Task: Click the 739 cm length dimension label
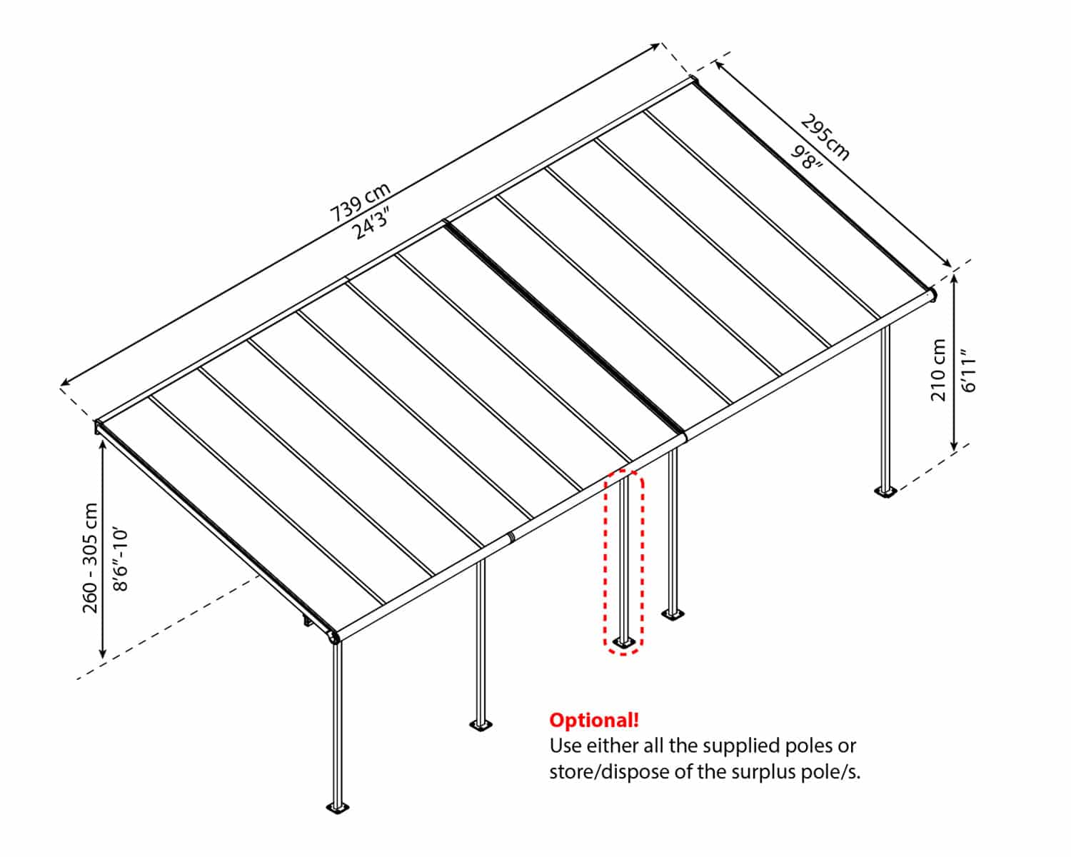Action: [x=361, y=203]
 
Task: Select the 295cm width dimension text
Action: [x=825, y=137]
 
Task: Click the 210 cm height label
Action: [x=938, y=370]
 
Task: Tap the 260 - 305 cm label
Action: [x=91, y=558]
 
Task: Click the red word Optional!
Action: [x=593, y=720]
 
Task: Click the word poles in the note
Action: [x=810, y=746]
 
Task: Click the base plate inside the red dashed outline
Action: [x=623, y=643]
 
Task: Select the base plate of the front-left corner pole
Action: [x=338, y=808]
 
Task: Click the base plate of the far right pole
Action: [x=885, y=491]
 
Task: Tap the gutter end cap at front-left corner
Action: [x=333, y=636]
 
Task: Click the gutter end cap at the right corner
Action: [x=931, y=294]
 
